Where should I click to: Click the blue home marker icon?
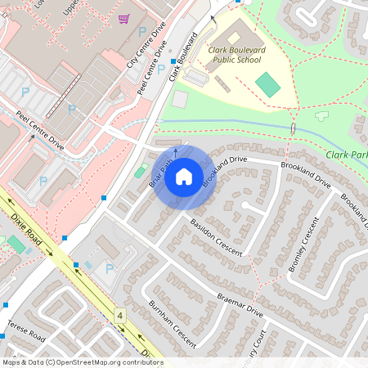pyautogui.click(x=184, y=176)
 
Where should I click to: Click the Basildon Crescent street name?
pyautogui.click(x=216, y=236)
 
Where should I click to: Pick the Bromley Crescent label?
pyautogui.click(x=302, y=244)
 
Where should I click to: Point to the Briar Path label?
pyautogui.click(x=161, y=173)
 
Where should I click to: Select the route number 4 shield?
pyautogui.click(x=120, y=314)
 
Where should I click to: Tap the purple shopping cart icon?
pyautogui.click(x=123, y=18)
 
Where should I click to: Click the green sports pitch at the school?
pyautogui.click(x=267, y=83)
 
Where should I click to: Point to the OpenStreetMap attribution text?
pyautogui.click(x=82, y=362)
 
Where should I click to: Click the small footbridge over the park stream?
pyautogui.click(x=293, y=130)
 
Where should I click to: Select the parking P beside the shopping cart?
pyautogui.click(x=142, y=31)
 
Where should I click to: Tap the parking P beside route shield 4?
pyautogui.click(x=109, y=268)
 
